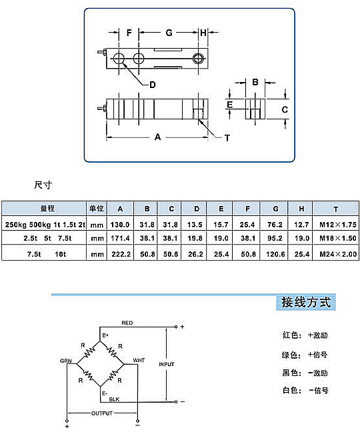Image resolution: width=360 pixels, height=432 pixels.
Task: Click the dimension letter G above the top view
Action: pyautogui.click(x=169, y=33)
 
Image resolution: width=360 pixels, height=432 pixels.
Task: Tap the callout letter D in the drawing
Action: pyautogui.click(x=152, y=85)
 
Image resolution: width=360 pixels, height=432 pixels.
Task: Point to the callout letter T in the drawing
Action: pyautogui.click(x=227, y=138)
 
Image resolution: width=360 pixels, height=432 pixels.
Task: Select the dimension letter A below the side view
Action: pyautogui.click(x=157, y=137)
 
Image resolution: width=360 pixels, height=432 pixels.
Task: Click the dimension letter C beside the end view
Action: pyautogui.click(x=285, y=109)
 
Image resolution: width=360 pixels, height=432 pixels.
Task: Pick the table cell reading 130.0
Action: pyautogui.click(x=120, y=225)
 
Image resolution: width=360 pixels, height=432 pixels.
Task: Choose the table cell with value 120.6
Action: pyautogui.click(x=275, y=254)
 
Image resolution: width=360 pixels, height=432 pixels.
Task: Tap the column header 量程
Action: pyautogui.click(x=47, y=208)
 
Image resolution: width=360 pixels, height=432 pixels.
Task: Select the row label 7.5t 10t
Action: pyautogui.click(x=47, y=254)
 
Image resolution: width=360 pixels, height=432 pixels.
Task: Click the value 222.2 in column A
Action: pyautogui.click(x=121, y=254)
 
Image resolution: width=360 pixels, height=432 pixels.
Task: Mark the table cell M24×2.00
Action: pyautogui.click(x=338, y=254)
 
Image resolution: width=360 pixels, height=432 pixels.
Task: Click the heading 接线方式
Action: pyautogui.click(x=306, y=302)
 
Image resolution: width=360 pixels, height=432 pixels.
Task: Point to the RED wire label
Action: pyautogui.click(x=127, y=323)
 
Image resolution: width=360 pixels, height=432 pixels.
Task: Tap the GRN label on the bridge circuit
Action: pyautogui.click(x=66, y=361)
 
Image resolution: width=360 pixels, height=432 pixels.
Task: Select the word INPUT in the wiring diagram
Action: pyautogui.click(x=167, y=364)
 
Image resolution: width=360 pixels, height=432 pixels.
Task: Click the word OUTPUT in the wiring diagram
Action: pyautogui.click(x=102, y=413)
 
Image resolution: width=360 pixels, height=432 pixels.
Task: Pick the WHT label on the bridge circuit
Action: pyautogui.click(x=139, y=361)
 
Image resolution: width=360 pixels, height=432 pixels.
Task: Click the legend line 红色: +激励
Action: pyautogui.click(x=305, y=335)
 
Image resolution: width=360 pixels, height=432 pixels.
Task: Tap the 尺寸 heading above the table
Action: pyautogui.click(x=43, y=185)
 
